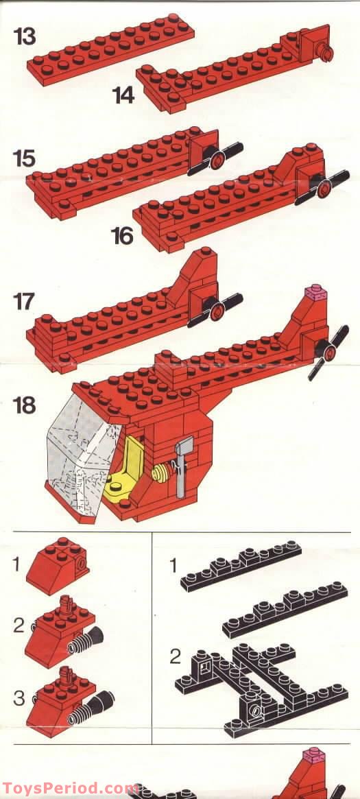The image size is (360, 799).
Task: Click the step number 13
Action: (25, 36)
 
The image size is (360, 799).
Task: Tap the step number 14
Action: (123, 95)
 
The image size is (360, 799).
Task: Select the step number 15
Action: (25, 159)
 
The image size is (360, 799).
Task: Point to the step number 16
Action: (123, 236)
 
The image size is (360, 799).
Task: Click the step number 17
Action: (25, 302)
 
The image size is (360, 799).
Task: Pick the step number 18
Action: (25, 405)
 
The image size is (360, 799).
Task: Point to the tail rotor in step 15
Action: (216, 158)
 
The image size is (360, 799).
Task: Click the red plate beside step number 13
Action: (110, 49)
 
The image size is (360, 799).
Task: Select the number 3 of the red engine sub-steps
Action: (19, 697)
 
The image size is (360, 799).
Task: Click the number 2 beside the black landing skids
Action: (175, 657)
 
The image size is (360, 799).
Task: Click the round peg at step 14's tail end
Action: (325, 53)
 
